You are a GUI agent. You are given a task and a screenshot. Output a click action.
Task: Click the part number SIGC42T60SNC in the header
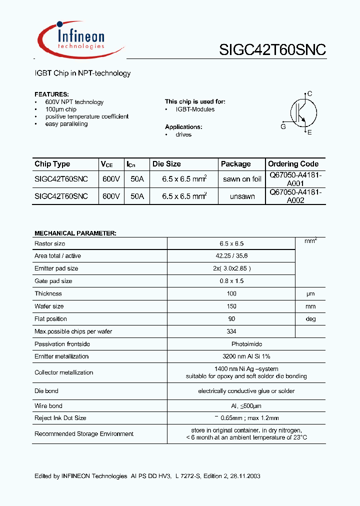tap(273, 50)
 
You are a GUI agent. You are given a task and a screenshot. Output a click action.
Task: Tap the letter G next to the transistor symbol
tap(283, 127)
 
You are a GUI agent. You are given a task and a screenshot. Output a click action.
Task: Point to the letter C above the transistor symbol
tap(310, 93)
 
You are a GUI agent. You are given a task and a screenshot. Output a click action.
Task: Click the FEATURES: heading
tap(51, 94)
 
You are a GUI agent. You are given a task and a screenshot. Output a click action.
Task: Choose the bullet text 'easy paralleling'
tap(66, 124)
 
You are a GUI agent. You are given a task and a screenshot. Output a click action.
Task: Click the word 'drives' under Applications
tap(183, 134)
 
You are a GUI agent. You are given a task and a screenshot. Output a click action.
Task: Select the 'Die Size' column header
tap(166, 164)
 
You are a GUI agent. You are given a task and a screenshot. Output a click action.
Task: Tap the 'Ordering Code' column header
tap(293, 164)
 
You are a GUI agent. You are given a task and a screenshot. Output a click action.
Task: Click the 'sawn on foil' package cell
tap(242, 179)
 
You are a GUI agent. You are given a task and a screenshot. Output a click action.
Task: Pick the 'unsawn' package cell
tap(242, 196)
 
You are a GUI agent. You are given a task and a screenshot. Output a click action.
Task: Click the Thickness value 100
tap(231, 294)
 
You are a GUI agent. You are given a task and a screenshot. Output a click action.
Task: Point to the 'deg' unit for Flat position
tap(310, 319)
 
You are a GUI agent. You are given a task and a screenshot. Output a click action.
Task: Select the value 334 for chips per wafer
tap(231, 331)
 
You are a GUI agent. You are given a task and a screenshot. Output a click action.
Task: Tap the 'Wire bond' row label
tap(48, 406)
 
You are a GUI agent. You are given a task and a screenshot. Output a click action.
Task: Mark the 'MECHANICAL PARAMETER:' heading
tap(75, 233)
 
